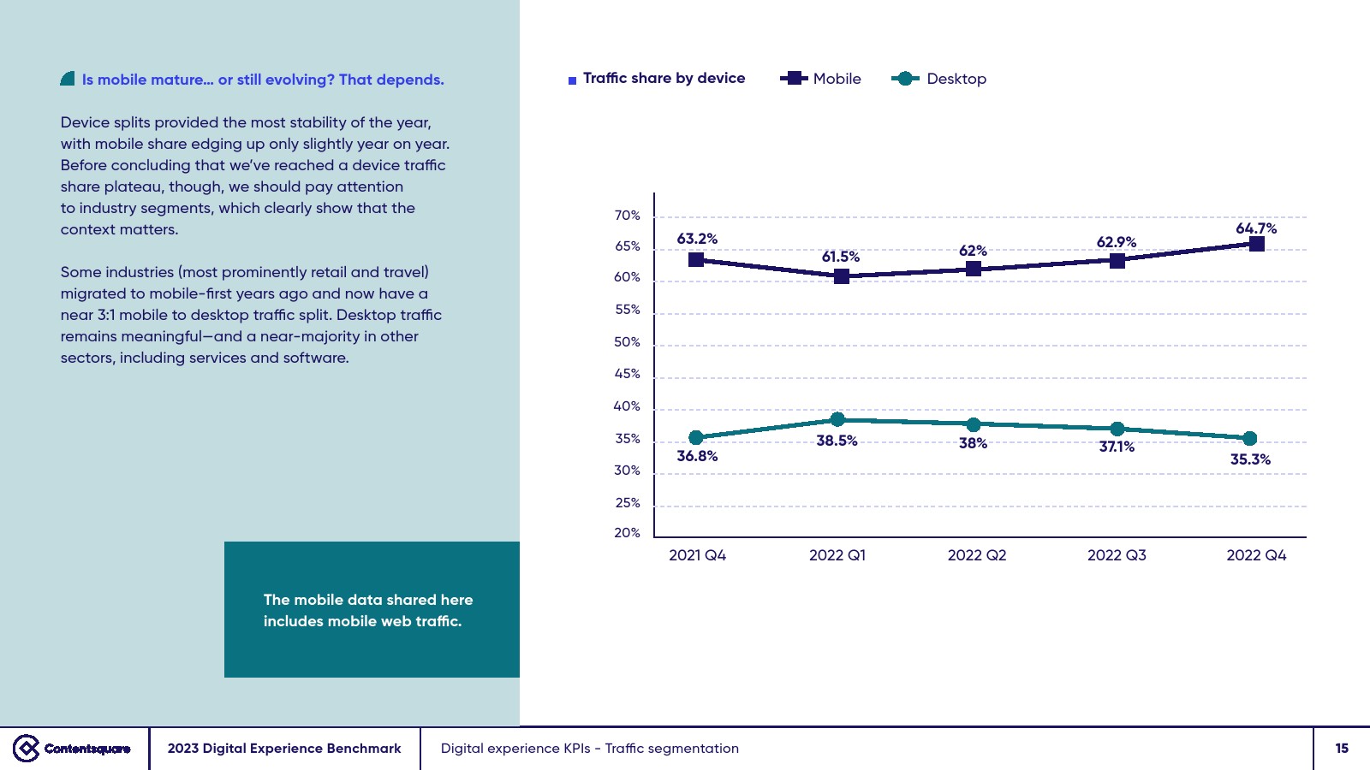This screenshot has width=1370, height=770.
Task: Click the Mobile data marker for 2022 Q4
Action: [x=1256, y=244]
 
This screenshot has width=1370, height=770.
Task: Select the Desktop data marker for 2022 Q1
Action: [x=837, y=419]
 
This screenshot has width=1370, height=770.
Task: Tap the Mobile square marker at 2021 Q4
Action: [x=696, y=259]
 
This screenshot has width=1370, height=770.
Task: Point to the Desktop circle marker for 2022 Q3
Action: [x=1117, y=429]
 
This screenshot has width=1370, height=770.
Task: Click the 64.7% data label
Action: [x=1255, y=228]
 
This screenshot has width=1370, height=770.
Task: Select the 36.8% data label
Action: [x=697, y=456]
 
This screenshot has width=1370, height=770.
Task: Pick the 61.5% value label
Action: [x=840, y=257]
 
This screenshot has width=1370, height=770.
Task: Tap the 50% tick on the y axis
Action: [x=627, y=342]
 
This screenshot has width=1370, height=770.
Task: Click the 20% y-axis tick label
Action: [x=627, y=533]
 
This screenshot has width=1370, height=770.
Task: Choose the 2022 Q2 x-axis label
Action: [x=976, y=555]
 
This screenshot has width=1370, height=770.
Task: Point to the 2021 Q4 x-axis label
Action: [x=697, y=555]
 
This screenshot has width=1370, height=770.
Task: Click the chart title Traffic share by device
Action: [x=664, y=78]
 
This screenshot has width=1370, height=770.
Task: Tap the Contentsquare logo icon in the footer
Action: [x=27, y=749]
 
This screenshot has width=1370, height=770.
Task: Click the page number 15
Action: [x=1342, y=749]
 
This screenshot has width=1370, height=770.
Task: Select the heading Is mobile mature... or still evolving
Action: [x=263, y=80]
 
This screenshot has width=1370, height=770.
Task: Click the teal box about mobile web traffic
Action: [x=372, y=609]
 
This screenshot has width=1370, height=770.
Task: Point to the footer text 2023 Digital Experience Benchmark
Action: [x=284, y=749]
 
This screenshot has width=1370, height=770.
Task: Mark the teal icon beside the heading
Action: [x=68, y=79]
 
